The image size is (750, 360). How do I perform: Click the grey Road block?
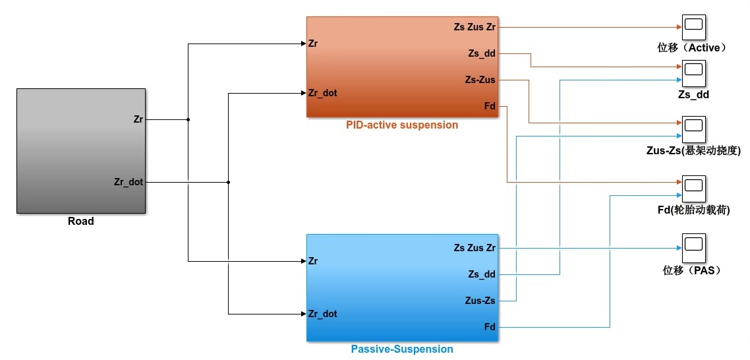pos(80,151)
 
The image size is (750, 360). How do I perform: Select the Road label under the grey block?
pos(80,222)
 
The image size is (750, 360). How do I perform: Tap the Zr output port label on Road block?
pos(138,119)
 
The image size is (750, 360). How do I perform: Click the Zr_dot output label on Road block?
pos(129,182)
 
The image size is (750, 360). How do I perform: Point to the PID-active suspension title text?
pos(401,125)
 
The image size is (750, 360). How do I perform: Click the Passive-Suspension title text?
pos(402,349)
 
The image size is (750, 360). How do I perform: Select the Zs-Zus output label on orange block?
pos(480,80)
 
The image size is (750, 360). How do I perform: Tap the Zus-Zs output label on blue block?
pos(480,301)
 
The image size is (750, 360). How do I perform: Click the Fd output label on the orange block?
pos(490,106)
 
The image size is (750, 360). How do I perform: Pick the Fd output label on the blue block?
pos(490,327)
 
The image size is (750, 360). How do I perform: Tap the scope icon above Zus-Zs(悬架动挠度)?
pos(693,125)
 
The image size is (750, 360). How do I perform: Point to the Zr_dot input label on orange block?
pos(322,93)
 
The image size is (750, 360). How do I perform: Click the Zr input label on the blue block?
pos(313,261)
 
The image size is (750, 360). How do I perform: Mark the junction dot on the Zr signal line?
pos(188,120)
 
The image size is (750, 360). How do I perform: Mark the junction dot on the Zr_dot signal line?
pos(228,182)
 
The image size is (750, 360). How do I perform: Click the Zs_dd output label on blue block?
pos(482,274)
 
